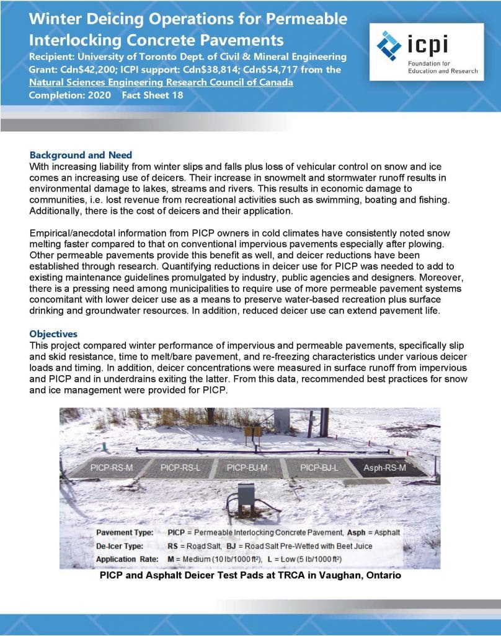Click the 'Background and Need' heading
[x=81, y=155]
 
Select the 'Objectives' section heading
[x=53, y=334]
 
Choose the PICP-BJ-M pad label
[x=247, y=466]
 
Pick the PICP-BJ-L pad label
[x=319, y=466]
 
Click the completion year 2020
[x=99, y=95]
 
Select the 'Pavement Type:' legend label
[x=126, y=534]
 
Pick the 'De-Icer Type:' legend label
[x=123, y=547]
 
